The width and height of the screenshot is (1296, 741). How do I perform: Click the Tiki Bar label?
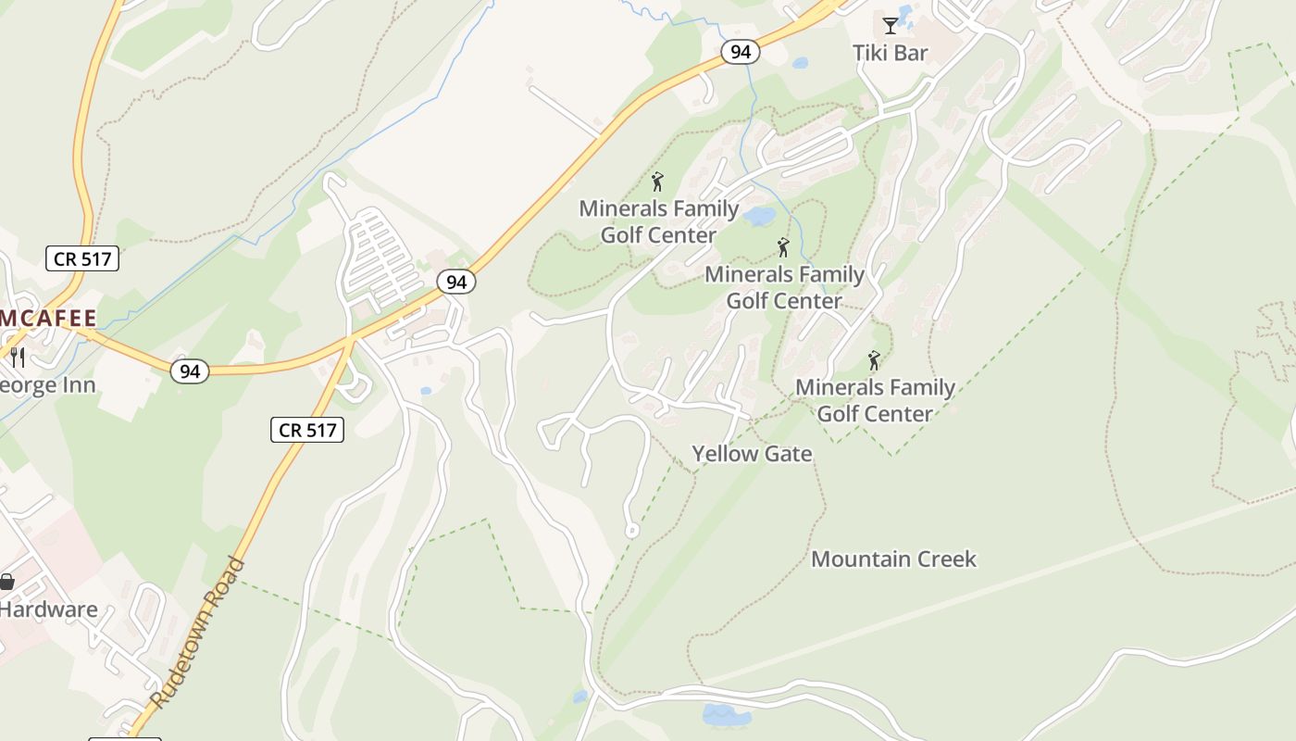[890, 53]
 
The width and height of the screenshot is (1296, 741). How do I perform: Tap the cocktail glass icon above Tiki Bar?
[890, 25]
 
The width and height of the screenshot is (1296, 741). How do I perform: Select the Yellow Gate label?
[752, 454]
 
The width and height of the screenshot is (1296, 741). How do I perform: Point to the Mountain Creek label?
[893, 559]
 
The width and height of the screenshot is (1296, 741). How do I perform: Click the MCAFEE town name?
[48, 319]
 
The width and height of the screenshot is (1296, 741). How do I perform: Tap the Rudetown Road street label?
[198, 633]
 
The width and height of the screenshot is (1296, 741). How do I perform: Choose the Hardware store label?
[48, 609]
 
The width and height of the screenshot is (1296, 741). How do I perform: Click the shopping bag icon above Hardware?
[6, 582]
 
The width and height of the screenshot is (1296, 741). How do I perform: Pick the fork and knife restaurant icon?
[18, 357]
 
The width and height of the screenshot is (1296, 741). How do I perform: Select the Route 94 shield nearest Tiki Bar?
[741, 52]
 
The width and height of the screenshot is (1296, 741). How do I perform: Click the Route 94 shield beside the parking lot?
[456, 282]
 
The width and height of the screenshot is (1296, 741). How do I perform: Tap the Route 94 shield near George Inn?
[190, 371]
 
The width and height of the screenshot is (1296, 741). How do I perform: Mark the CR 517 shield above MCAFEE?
[82, 258]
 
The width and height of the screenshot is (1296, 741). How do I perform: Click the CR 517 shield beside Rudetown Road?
[307, 429]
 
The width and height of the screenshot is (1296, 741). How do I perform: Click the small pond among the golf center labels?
[759, 217]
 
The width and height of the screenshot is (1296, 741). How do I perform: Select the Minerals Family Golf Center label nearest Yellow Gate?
[875, 400]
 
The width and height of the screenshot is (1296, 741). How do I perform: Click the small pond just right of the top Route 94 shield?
[800, 63]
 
